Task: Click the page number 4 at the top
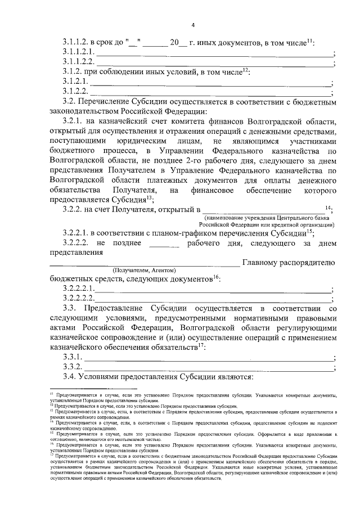click(x=192, y=25)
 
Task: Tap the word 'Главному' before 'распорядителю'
click(x=262, y=263)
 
